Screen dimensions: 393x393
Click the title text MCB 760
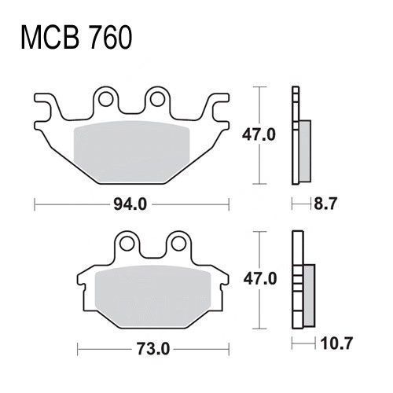(76, 38)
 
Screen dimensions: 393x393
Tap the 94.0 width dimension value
(130, 204)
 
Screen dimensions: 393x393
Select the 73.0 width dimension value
(153, 349)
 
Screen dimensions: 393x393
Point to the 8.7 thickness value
(325, 204)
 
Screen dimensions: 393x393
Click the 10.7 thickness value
(336, 343)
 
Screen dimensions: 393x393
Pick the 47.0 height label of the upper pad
(259, 135)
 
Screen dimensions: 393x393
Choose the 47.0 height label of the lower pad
(260, 278)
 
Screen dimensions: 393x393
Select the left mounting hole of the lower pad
(127, 244)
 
